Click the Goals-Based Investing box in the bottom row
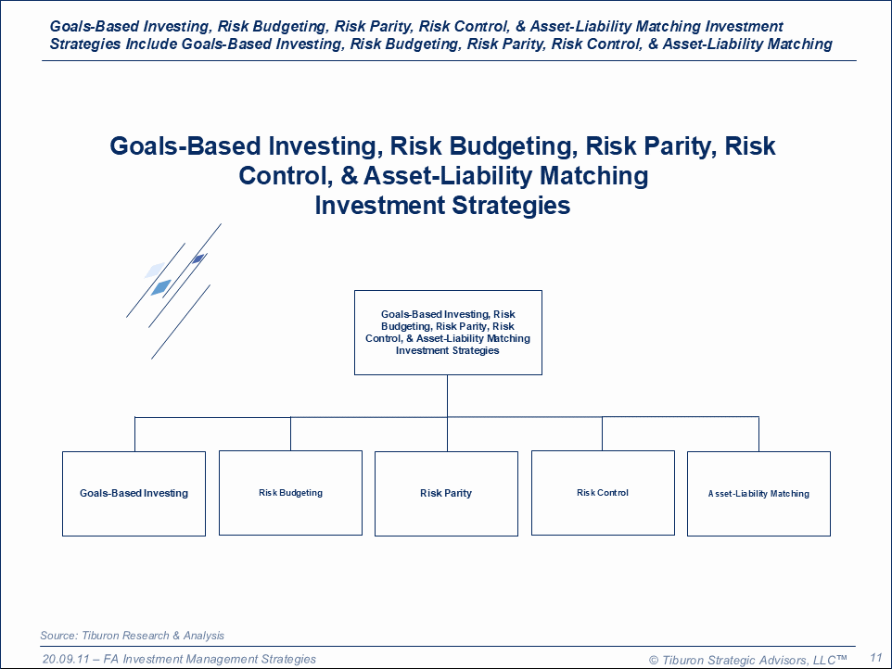click(x=134, y=493)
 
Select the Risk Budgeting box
click(x=291, y=493)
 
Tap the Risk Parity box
click(x=447, y=493)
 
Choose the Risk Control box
click(x=603, y=493)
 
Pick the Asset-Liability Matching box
click(x=758, y=493)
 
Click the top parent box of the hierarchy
click(x=448, y=333)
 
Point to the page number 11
click(x=875, y=658)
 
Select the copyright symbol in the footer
click(x=654, y=660)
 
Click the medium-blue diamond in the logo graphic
click(x=161, y=287)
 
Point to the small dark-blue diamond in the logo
click(x=198, y=259)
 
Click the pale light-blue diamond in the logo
click(x=154, y=270)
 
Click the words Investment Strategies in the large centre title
click(x=442, y=205)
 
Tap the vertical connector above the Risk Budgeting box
click(x=291, y=435)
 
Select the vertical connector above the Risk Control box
click(x=603, y=435)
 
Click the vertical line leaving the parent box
click(x=447, y=397)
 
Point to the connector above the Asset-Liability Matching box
click(x=758, y=435)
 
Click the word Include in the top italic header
click(x=151, y=44)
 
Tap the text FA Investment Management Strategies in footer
click(x=219, y=659)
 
